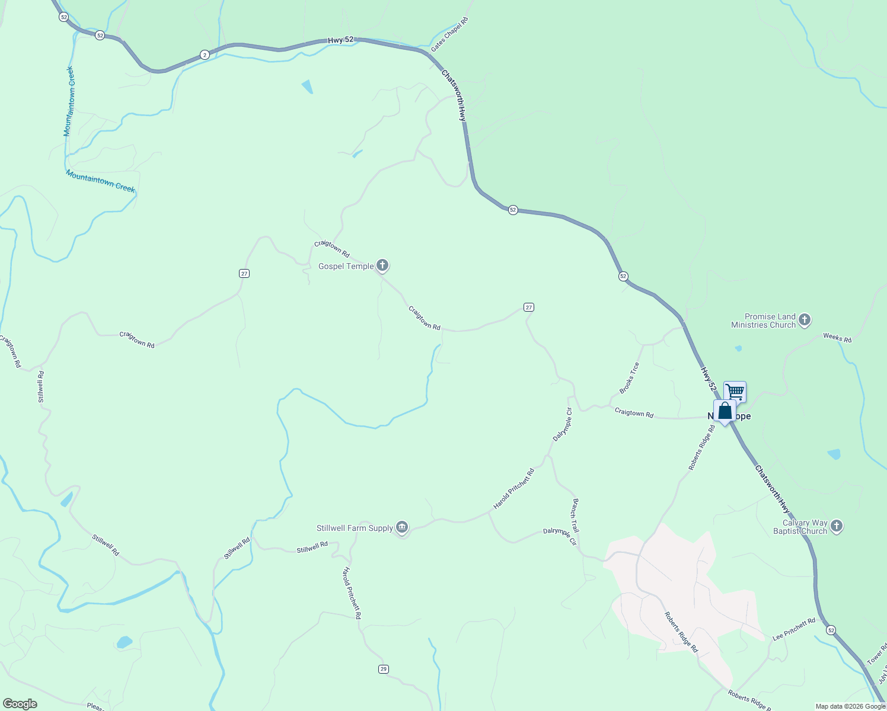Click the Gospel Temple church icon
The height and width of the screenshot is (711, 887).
tap(383, 266)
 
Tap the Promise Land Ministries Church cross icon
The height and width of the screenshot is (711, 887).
tap(805, 321)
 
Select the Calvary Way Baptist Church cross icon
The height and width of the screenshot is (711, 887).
tap(837, 526)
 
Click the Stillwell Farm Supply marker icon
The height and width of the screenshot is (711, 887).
tap(403, 527)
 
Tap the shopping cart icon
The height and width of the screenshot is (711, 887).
tap(735, 392)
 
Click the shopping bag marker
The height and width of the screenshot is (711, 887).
tap(725, 411)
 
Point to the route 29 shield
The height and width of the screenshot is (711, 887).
tap(384, 669)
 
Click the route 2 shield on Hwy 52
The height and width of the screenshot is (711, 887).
tap(205, 55)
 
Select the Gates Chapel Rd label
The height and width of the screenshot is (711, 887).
tap(449, 34)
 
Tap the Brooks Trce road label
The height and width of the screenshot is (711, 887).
tap(629, 378)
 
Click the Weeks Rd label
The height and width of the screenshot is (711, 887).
tap(837, 338)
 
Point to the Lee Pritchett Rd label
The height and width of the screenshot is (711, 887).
tap(794, 629)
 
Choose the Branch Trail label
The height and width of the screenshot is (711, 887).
tap(575, 515)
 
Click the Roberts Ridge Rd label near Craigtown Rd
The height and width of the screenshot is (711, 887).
tap(701, 447)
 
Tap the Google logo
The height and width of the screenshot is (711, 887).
tap(20, 704)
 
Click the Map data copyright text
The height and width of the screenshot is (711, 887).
tap(850, 706)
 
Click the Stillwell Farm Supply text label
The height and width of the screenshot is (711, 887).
tap(355, 528)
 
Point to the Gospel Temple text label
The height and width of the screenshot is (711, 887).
tap(346, 266)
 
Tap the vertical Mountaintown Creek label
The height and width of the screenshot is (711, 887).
tap(69, 101)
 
